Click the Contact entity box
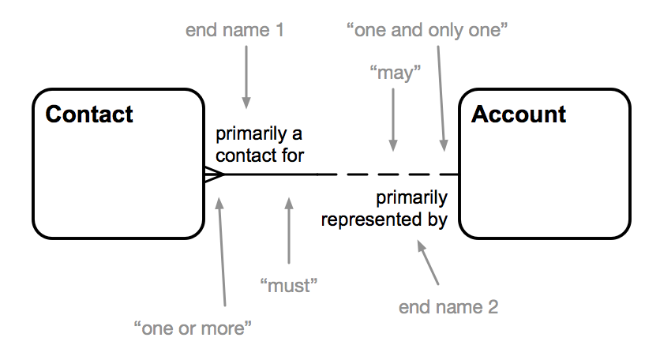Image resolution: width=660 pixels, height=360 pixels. point(118,182)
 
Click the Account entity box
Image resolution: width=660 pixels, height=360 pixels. point(545,182)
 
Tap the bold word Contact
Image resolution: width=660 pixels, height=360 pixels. point(89,114)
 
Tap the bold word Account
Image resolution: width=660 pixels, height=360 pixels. point(519,114)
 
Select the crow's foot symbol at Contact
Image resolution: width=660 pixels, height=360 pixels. point(214,174)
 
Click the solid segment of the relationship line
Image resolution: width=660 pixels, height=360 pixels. point(268,174)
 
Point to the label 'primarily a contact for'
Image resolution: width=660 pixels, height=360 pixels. point(260,144)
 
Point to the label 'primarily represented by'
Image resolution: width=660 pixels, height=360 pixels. point(384,208)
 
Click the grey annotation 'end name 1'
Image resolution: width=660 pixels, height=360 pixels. point(234,31)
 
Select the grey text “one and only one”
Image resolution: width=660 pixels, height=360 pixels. point(427,31)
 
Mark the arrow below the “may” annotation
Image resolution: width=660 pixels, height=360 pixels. point(393,118)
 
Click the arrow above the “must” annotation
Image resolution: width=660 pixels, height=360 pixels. point(289,232)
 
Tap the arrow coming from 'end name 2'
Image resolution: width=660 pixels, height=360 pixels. point(429,264)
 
